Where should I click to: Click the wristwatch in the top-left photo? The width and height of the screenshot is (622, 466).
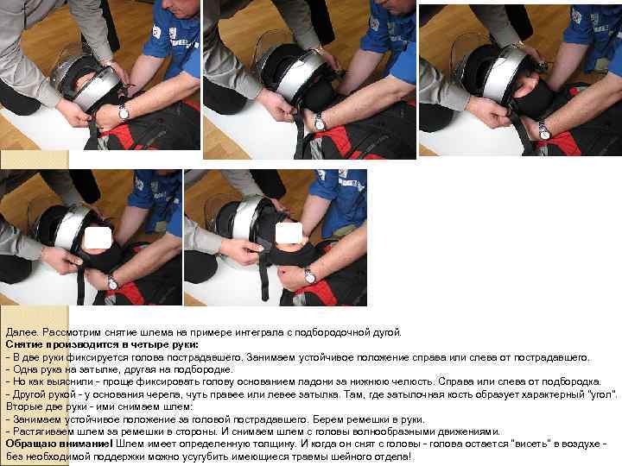click(124, 112)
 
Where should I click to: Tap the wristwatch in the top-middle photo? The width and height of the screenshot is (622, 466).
click(320, 123)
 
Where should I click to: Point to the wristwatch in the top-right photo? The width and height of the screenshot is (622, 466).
click(543, 130)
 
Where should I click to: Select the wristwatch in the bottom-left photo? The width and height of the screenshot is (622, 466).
click(112, 281)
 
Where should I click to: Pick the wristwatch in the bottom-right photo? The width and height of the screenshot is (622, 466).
click(309, 276)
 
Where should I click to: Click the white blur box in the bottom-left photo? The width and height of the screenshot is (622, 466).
click(99, 235)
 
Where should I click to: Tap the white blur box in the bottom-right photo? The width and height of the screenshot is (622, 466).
click(290, 232)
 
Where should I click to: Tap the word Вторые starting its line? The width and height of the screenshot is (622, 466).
click(24, 405)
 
